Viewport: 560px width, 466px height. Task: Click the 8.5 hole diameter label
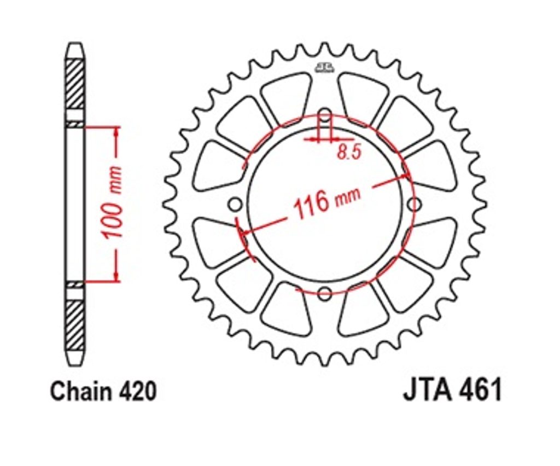349,153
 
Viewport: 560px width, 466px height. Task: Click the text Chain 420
103,391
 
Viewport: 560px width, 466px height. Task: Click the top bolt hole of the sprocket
325,115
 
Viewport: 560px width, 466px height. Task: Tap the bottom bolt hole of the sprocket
324,294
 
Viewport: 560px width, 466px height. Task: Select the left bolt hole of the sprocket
235,205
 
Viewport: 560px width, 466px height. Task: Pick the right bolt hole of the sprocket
414,205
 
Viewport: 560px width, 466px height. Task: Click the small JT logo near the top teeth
325,67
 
